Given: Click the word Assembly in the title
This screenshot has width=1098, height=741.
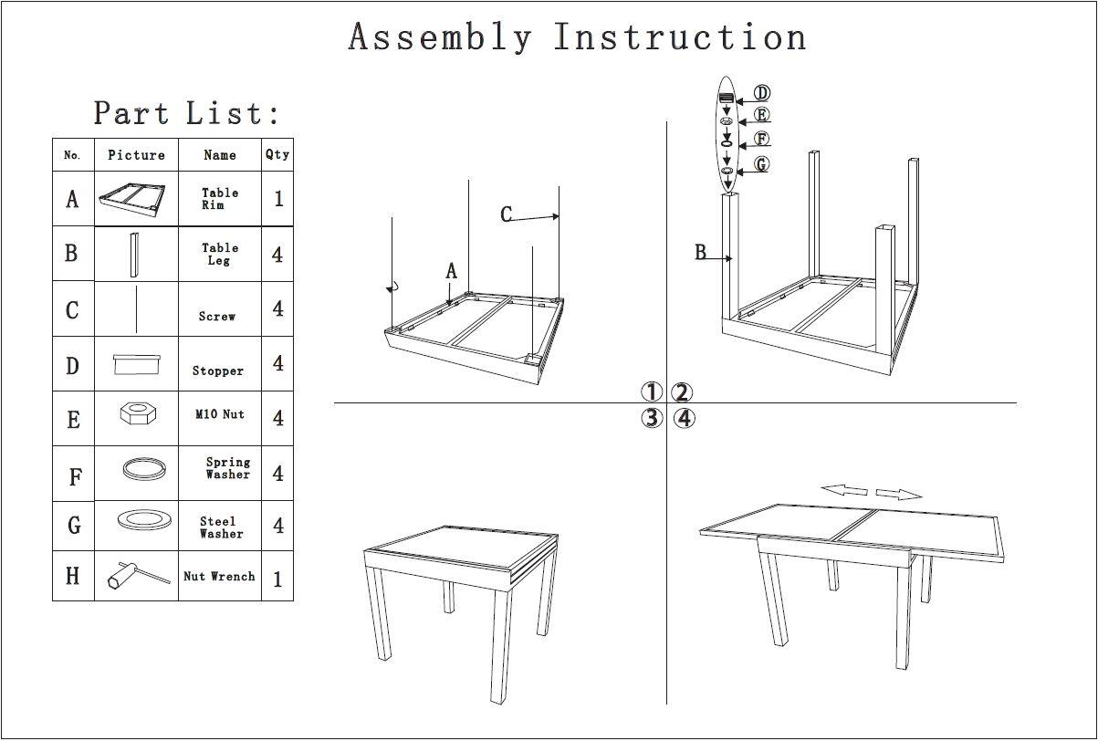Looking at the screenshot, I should point(439,38).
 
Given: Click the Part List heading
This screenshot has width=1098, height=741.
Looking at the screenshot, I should point(186,114).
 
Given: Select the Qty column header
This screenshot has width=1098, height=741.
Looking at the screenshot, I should point(277,155).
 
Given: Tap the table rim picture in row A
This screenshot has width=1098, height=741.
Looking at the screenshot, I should point(136,199).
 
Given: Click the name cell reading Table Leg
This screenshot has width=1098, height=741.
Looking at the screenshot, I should point(220,254).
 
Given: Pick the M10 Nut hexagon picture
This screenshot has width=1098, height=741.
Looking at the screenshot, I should point(137,414).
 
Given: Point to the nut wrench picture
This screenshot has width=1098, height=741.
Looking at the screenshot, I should point(137,576).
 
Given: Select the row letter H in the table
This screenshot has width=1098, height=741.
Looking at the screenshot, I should point(73,576).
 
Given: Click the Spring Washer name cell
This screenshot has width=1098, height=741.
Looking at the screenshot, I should point(226,468).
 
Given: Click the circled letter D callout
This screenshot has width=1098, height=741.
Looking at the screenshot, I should point(761,93).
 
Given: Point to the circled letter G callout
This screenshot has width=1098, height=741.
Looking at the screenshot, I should point(761,165).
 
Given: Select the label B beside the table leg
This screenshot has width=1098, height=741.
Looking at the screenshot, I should point(701,253).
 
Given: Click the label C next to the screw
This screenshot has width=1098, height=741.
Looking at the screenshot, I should point(507,214).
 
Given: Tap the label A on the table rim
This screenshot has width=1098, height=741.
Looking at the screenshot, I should point(451,271).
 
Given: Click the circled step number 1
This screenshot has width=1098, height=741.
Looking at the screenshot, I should point(651,392).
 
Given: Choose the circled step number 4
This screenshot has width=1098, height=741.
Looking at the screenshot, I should point(685,419).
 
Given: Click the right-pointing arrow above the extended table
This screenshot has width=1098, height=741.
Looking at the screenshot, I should point(899,495).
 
